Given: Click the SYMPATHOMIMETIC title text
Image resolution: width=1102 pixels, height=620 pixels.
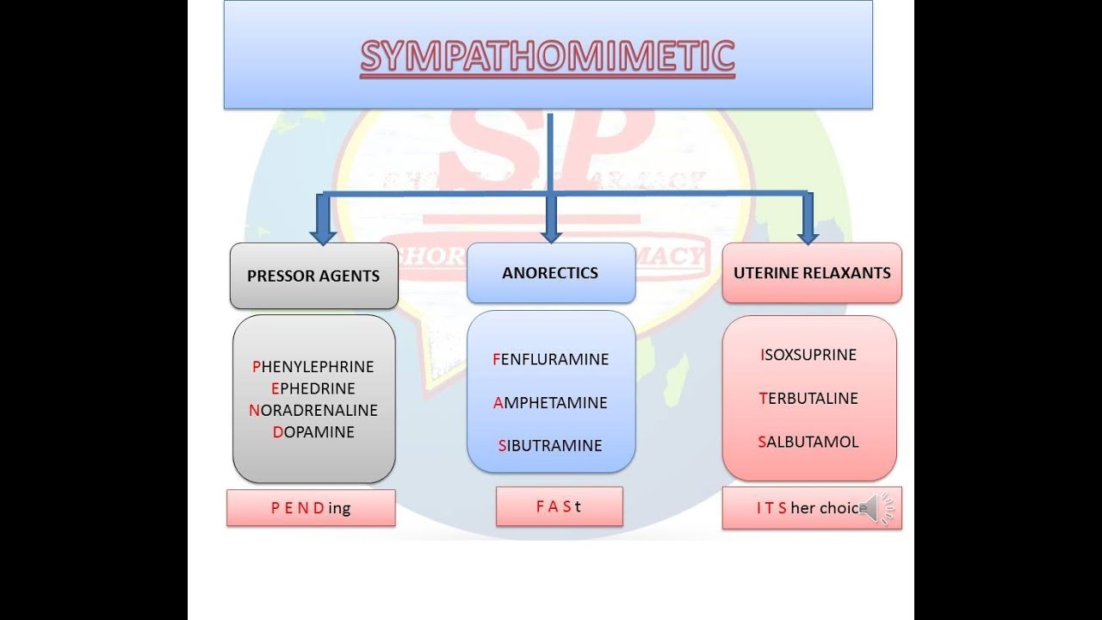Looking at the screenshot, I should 548,57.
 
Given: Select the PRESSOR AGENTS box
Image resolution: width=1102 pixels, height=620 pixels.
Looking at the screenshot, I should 313,276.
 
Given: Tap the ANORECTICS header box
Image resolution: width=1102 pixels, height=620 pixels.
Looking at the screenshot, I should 550,273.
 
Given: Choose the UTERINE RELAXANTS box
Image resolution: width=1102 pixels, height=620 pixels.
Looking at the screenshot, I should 812,273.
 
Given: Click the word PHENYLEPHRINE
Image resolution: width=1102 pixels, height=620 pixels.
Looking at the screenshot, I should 313,367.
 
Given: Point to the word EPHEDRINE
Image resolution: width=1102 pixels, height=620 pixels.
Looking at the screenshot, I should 313,388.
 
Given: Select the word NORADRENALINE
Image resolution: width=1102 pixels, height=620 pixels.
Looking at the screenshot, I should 313,411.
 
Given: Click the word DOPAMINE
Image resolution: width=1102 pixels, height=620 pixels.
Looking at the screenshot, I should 313,432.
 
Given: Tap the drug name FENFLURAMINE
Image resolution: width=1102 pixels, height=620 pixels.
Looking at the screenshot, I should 551,359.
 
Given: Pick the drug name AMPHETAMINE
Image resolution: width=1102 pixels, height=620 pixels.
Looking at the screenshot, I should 551,403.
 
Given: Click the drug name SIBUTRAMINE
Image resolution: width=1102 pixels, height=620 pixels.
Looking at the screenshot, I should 551,446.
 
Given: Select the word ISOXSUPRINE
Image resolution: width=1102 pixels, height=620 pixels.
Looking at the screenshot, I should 809,355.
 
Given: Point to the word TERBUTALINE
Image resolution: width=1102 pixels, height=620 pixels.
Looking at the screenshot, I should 809,399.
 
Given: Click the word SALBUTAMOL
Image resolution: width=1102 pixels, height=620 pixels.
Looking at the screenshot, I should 809,442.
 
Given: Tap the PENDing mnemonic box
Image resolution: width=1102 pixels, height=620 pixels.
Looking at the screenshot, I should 311,508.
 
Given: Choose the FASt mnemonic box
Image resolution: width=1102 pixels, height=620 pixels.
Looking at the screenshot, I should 559,506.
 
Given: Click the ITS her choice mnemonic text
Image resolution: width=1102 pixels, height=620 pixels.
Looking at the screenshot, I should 809,508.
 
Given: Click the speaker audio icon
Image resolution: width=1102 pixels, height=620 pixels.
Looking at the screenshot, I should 876,508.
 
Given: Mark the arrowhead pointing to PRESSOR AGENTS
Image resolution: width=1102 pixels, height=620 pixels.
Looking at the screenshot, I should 323,233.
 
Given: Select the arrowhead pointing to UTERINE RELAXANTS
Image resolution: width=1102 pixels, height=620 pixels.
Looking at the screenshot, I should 808,233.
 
